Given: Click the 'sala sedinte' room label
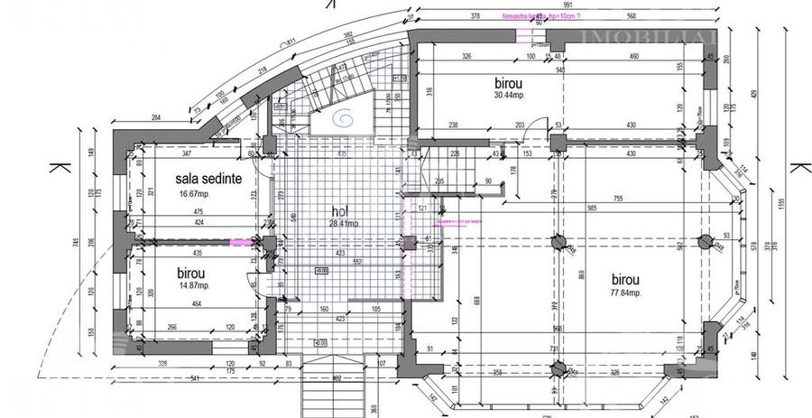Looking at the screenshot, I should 208,179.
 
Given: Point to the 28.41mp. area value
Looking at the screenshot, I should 344,224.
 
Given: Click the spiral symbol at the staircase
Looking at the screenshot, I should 346,117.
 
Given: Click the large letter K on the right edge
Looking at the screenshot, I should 798,169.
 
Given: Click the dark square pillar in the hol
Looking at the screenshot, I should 410,242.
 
